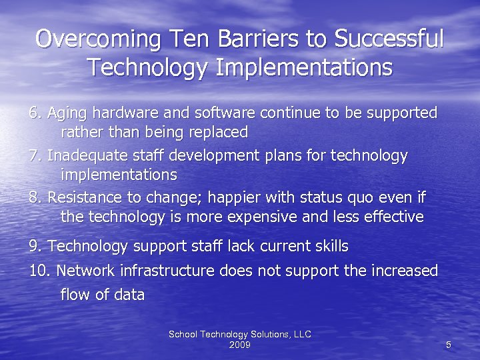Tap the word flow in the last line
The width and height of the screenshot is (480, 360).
click(75, 295)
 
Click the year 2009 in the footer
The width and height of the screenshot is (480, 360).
click(240, 345)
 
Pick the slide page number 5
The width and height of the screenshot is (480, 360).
click(449, 345)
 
